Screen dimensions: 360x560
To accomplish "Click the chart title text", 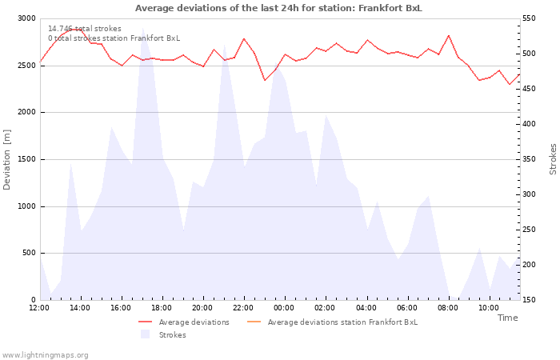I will pyautogui.click(x=278, y=8).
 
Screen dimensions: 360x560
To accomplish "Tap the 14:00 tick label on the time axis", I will pyautogui.click(x=80, y=308).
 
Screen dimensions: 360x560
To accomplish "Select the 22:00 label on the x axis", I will pyautogui.click(x=244, y=308).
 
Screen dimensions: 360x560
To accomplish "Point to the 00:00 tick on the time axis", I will pyautogui.click(x=285, y=308).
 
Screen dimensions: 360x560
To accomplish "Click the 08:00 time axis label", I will pyautogui.click(x=449, y=308).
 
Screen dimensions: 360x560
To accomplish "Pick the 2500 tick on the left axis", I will pyautogui.click(x=26, y=65).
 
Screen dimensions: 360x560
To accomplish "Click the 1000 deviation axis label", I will pyautogui.click(x=26, y=206).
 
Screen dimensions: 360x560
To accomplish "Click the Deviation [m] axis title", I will pyautogui.click(x=7, y=159).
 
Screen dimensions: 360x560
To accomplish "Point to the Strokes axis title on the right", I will pyautogui.click(x=553, y=159).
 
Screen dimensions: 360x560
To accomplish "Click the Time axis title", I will pyautogui.click(x=507, y=318).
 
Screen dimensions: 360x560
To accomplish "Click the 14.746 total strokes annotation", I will pyautogui.click(x=85, y=29).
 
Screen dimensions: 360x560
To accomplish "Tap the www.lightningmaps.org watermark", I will pyautogui.click(x=46, y=355).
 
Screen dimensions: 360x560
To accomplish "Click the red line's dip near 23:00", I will pyautogui.click(x=265, y=80).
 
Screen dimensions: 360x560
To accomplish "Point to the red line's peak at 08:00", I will pyautogui.click(x=449, y=35).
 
